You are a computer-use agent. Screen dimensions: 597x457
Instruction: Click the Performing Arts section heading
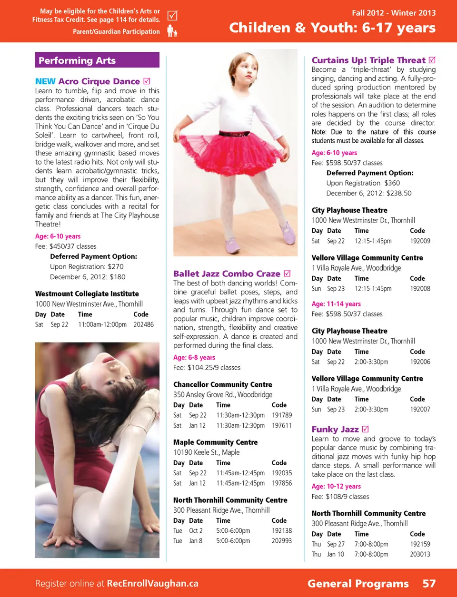tap(77, 60)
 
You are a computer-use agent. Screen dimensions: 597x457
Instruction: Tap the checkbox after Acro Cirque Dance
tap(147, 81)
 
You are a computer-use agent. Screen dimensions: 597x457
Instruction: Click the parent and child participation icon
tap(172, 31)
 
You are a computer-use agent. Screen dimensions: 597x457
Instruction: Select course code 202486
tap(143, 324)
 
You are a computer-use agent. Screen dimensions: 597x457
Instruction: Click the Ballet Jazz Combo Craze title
tap(227, 274)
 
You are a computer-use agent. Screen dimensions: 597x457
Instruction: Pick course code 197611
tap(282, 425)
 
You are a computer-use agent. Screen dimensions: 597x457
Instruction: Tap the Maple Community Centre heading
tap(215, 442)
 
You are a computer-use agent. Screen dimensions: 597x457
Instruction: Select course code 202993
tap(282, 540)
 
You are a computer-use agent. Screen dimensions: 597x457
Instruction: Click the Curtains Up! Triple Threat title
tap(368, 60)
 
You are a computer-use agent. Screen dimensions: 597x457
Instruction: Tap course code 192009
tap(420, 241)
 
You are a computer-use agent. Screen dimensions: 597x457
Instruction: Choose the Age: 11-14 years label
tap(336, 303)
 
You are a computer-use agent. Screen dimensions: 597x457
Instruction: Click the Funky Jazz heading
tap(335, 429)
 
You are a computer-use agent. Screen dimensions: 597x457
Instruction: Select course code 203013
tap(420, 554)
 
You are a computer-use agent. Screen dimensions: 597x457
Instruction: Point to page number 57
tap(429, 583)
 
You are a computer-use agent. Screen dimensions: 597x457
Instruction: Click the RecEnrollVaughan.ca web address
tap(152, 583)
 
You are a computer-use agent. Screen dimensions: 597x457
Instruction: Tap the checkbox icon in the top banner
tap(172, 16)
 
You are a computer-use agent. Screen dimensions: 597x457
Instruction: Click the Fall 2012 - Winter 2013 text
tap(394, 13)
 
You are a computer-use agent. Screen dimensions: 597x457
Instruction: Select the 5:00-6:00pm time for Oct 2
tap(233, 530)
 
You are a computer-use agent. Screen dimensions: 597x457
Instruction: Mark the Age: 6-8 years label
tap(194, 357)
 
